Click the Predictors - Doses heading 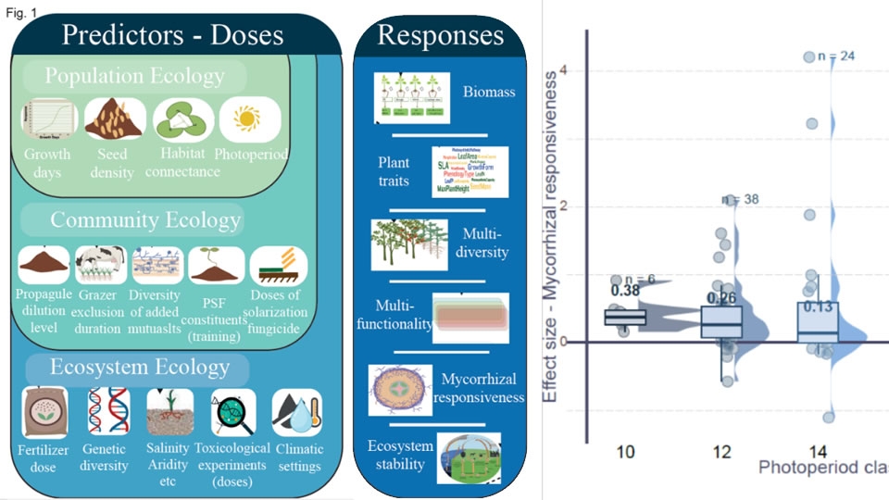point(172,35)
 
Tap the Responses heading point(441,35)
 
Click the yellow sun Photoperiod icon point(248,119)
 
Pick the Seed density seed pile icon point(115,119)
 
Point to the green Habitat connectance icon point(183,119)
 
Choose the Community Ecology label point(145,220)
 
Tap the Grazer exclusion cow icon point(101,266)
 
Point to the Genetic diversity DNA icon point(104,412)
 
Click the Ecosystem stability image point(469,457)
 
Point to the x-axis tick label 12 point(722,452)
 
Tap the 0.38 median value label point(627,291)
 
